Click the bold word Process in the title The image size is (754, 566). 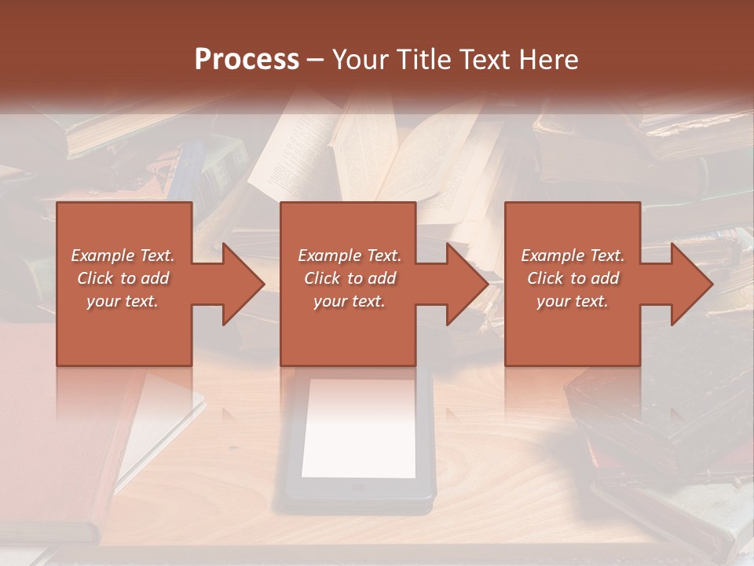tap(247, 59)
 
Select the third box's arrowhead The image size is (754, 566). tap(693, 284)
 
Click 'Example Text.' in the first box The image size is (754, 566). tap(123, 255)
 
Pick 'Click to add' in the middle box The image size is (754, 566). tap(350, 278)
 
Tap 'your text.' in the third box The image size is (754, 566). tap(573, 301)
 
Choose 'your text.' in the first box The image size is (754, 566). tap(123, 301)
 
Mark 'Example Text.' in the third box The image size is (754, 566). tap(573, 255)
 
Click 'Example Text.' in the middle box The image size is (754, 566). tap(350, 255)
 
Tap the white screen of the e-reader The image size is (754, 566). tap(358, 428)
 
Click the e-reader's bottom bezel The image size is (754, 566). tap(358, 489)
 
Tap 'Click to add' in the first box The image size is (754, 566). tap(123, 278)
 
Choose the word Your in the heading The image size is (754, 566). tap(361, 60)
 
